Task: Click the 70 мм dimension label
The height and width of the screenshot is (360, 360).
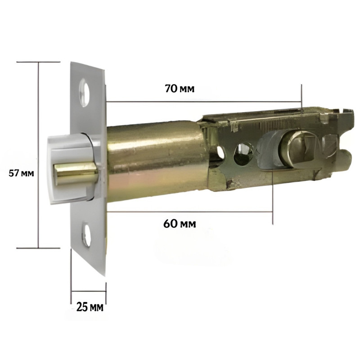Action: (180, 89)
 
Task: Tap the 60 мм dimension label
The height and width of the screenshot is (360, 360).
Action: (180, 223)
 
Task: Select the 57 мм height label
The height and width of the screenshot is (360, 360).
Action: (21, 173)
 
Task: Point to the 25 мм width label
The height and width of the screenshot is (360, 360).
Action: (90, 307)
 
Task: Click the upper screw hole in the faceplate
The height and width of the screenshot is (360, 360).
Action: (85, 93)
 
